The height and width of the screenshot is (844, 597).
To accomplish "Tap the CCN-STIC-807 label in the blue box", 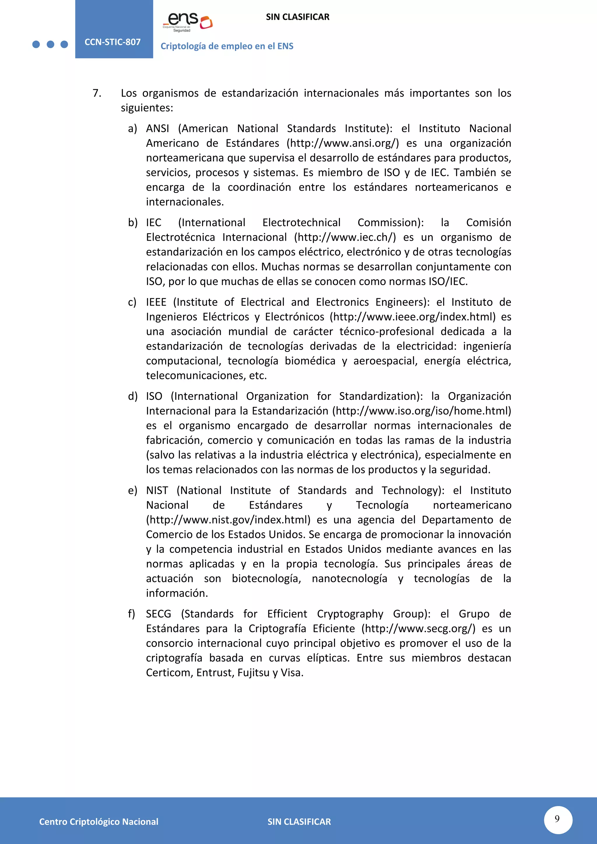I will point(113,42).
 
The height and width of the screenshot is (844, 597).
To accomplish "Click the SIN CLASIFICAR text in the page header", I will point(297,17).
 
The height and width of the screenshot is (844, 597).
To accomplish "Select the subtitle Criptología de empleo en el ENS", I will point(227,46).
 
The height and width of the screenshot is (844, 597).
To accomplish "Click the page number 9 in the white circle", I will point(557,819).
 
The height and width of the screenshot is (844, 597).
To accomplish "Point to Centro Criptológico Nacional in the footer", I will point(99,822).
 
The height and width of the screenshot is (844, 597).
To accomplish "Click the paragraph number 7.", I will point(97,93).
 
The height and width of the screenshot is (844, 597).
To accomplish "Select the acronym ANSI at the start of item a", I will point(157,128).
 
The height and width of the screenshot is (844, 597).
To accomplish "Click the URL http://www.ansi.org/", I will point(343,143).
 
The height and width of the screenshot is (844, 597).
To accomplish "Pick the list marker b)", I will point(132,222).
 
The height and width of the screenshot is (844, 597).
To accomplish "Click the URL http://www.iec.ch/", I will point(345,237).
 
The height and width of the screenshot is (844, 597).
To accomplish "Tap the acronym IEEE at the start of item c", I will point(156,302).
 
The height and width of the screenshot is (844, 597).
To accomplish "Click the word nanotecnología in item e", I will point(349,579).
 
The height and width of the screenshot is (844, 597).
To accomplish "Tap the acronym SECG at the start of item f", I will point(159,614).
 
